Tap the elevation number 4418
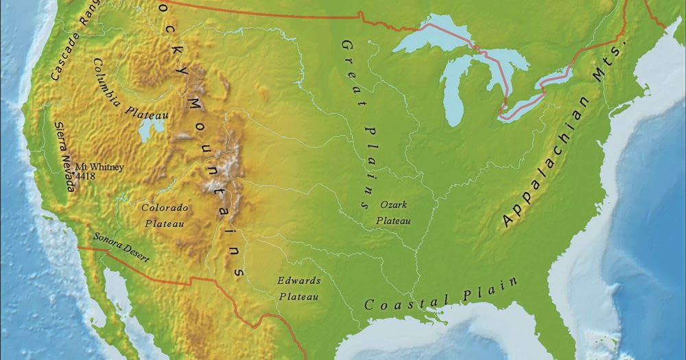[86, 176]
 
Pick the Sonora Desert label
[121, 248]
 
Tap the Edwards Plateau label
[298, 288]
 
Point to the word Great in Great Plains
[350, 65]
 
